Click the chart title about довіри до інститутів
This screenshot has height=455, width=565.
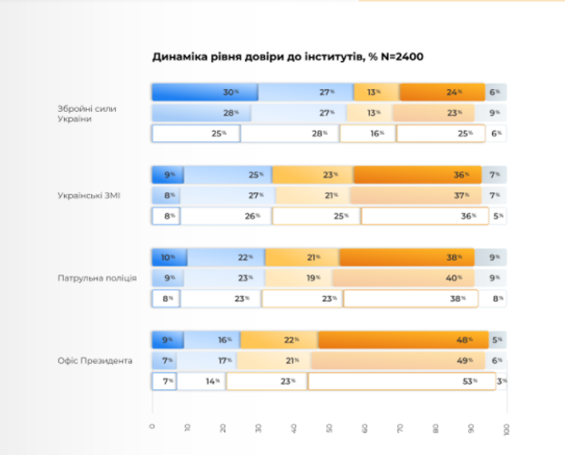[x=287, y=56]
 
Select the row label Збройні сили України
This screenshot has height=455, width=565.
[x=87, y=114]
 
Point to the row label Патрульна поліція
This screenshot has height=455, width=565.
[x=97, y=277]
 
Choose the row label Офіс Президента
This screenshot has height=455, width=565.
[x=95, y=360]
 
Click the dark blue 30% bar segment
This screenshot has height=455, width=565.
[x=204, y=92]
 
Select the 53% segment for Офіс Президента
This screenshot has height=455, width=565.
[x=402, y=381]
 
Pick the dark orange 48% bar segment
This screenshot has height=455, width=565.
[x=403, y=339]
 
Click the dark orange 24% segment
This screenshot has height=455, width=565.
[x=441, y=92]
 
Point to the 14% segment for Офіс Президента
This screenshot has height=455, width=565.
[x=201, y=381]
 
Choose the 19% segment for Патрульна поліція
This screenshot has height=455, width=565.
[x=298, y=278]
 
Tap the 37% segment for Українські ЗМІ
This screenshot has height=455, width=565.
[x=415, y=195]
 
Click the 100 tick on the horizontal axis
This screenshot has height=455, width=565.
[x=508, y=430]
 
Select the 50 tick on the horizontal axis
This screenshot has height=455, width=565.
[x=330, y=430]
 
